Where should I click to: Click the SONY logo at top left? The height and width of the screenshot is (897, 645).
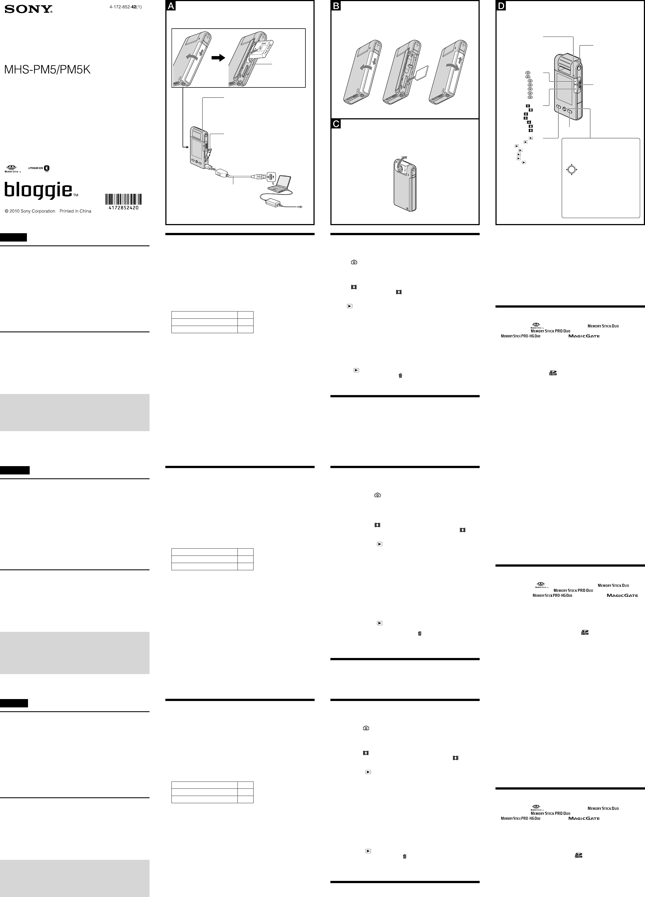(x=29, y=9)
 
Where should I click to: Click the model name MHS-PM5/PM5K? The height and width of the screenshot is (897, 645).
(x=47, y=70)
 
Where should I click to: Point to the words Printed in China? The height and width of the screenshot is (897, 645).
(x=75, y=211)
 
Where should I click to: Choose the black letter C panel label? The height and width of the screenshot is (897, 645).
(x=336, y=124)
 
